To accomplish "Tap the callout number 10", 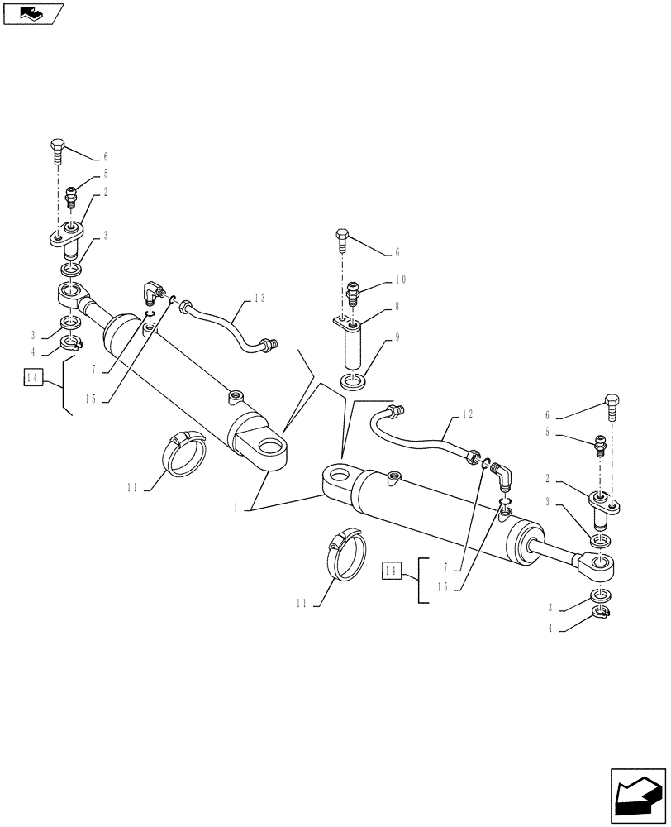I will [401, 280].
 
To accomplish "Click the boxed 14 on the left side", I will [32, 378].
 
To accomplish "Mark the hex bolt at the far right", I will [612, 406].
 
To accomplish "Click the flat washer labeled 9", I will [353, 382].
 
